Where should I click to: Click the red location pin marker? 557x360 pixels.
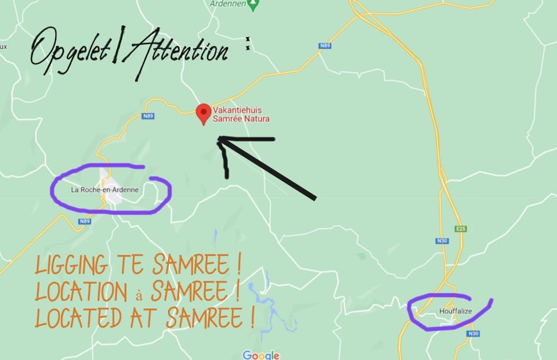(203, 113)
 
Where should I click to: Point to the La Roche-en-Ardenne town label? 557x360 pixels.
(105, 190)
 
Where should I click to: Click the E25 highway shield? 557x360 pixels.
(462, 229)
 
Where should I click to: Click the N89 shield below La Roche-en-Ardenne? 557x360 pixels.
(85, 221)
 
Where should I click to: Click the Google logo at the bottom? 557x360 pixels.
(261, 355)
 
